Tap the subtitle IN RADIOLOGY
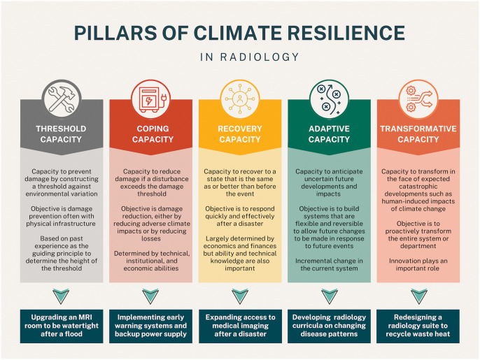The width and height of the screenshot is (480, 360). click(240, 57)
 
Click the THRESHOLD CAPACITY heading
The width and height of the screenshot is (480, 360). click(61, 134)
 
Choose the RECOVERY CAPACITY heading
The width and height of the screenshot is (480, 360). click(240, 134)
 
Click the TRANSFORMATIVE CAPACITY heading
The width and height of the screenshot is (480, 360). click(418, 134)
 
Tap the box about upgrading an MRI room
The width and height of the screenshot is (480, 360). click(61, 324)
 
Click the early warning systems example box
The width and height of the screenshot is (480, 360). click(150, 324)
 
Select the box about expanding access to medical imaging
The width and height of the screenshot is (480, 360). click(240, 324)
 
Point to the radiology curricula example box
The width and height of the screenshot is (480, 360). click(330, 324)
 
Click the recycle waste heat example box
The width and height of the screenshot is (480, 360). click(418, 324)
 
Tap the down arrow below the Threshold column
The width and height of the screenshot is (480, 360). click(61, 295)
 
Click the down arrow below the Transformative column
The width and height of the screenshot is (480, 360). click(418, 295)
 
